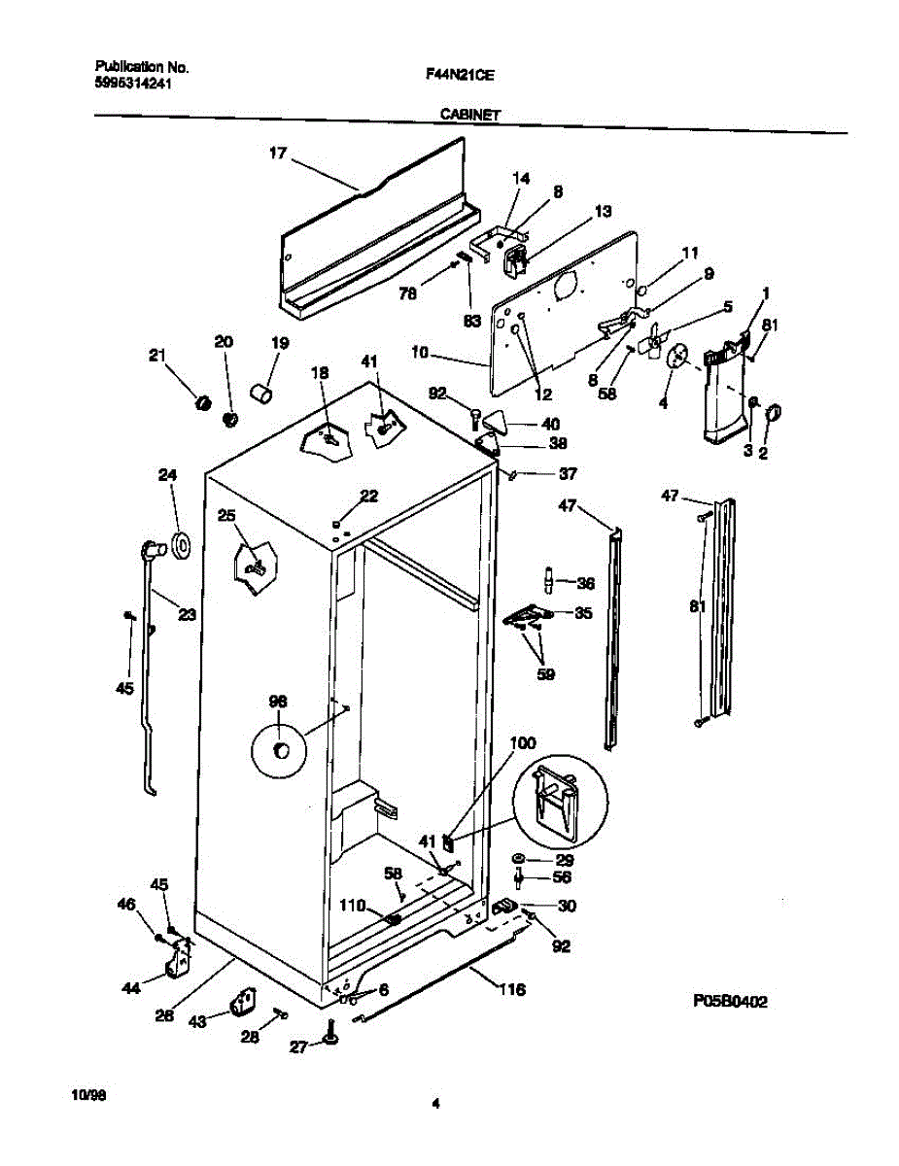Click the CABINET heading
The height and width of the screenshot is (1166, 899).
pos(470,115)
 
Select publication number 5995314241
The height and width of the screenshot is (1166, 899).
pos(136,84)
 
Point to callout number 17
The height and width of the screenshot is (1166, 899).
pos(278,153)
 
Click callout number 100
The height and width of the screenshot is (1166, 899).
pos(523,743)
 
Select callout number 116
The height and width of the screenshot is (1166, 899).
pos(512,990)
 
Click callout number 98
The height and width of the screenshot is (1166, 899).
pos(278,702)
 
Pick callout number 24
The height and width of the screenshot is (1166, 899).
pos(168,475)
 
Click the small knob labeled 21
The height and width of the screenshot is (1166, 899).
pos(202,401)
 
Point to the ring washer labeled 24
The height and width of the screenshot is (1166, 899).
pos(181,546)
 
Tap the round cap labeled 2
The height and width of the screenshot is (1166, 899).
pos(775,415)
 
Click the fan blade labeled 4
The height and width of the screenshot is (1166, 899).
pos(677,358)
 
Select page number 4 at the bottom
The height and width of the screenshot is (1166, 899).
pos(436,1103)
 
